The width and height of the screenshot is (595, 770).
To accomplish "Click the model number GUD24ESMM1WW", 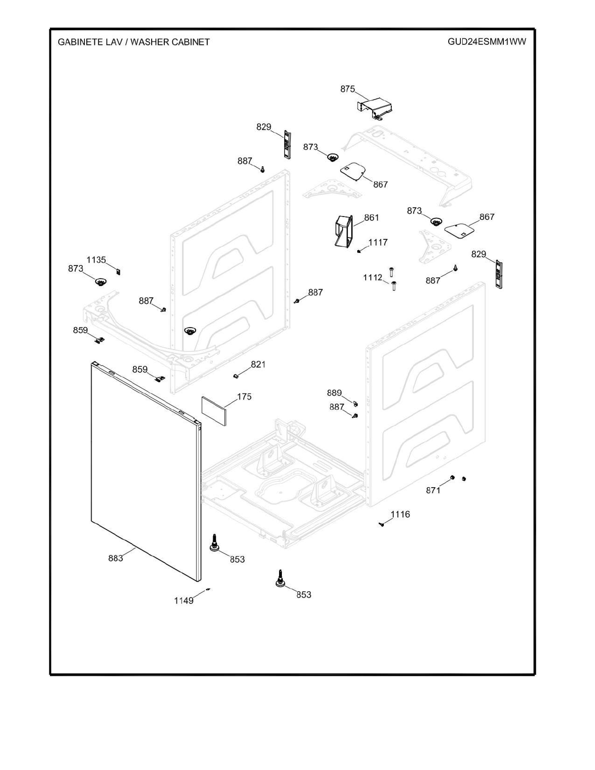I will (x=486, y=42).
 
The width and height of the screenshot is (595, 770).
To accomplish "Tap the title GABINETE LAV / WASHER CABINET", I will (x=134, y=42).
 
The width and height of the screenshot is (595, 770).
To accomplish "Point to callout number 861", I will (x=371, y=217).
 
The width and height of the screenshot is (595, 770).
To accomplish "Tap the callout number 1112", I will (x=373, y=277).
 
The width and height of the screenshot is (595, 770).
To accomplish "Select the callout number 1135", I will (x=96, y=260).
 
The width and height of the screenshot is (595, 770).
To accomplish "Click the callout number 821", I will (x=258, y=364).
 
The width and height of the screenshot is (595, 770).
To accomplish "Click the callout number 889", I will (x=334, y=393).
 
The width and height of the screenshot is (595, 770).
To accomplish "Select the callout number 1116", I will (x=400, y=514).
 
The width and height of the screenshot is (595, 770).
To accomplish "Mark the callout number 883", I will (x=115, y=558).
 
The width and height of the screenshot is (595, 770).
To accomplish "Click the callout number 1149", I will (x=184, y=600).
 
